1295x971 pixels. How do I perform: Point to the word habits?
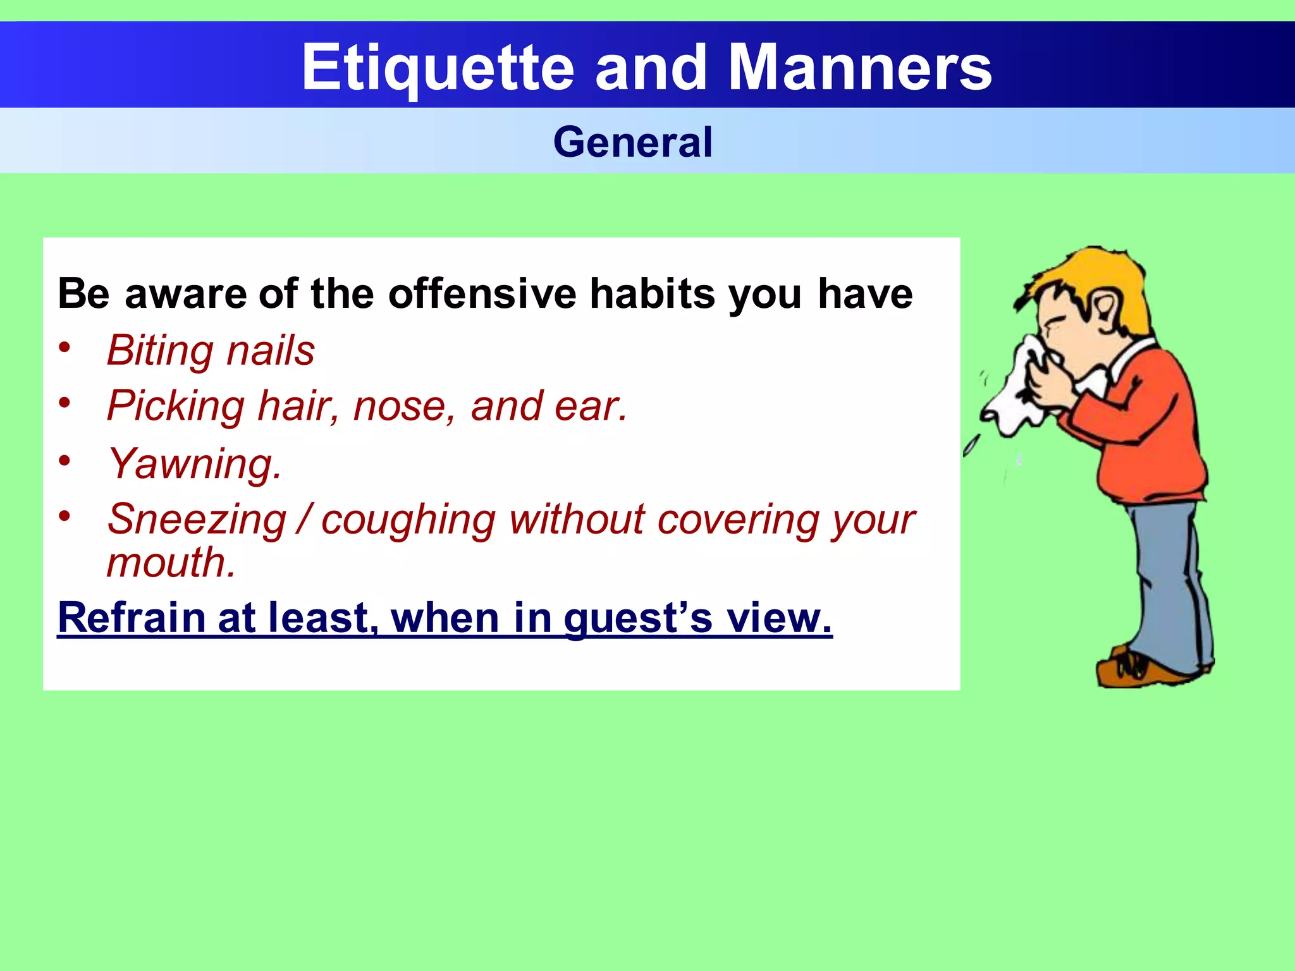click(652, 294)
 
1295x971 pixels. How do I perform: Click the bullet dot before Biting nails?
click(64, 346)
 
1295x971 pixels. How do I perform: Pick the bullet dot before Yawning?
click(64, 460)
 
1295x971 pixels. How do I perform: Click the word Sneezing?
click(197, 520)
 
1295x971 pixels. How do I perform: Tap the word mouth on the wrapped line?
click(170, 563)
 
